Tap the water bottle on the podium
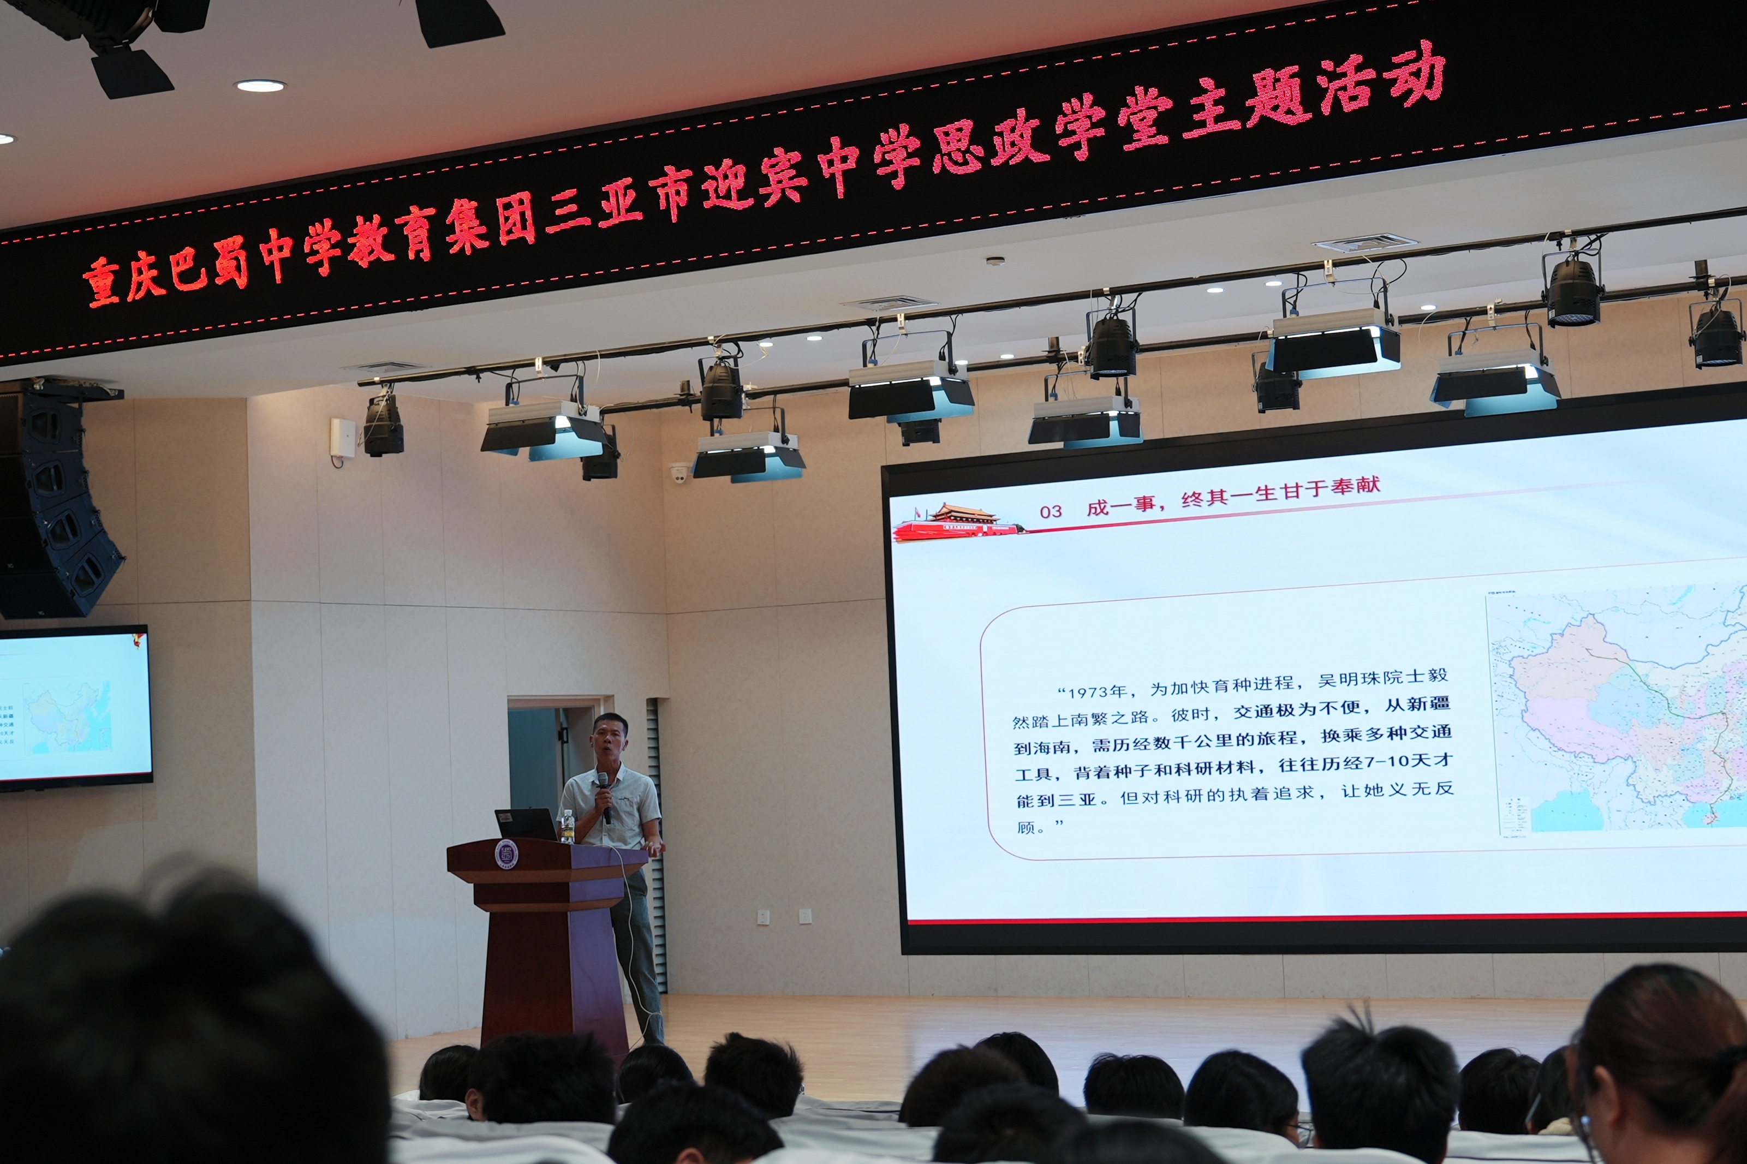pos(568,827)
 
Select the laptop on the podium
pos(526,824)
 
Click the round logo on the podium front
pos(506,855)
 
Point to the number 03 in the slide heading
pos(1051,511)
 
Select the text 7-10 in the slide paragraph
pos(1388,762)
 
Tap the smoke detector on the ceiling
pos(995,261)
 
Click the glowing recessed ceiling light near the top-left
pos(260,86)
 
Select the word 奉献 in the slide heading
pos(1355,486)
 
